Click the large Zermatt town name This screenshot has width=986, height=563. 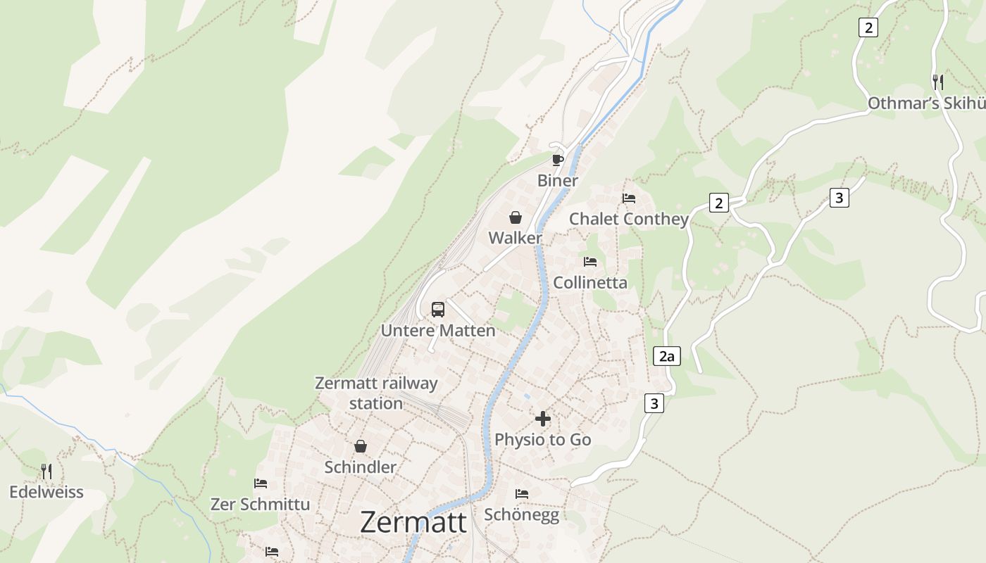tap(413, 522)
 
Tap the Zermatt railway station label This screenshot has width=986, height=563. tap(376, 393)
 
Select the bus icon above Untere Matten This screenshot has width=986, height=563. tap(438, 309)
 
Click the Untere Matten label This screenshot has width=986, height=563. tap(438, 330)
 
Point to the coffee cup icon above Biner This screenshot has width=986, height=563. tap(558, 160)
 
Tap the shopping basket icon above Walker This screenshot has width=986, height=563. tap(516, 217)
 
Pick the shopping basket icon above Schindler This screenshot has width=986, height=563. tap(361, 446)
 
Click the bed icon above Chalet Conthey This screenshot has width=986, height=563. tap(629, 198)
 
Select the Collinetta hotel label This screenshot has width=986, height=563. tap(590, 283)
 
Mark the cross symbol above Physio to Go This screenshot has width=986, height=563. tap(542, 419)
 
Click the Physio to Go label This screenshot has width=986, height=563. tap(542, 440)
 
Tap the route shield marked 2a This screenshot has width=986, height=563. tap(666, 356)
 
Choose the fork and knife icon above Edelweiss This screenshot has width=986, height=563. tap(46, 471)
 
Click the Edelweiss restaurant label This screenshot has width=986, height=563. tap(46, 492)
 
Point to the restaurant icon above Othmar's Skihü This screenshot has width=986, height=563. tap(937, 82)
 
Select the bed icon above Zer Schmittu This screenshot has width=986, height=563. tap(261, 483)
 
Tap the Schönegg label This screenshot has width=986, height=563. tap(522, 514)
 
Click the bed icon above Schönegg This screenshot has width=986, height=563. tap(522, 493)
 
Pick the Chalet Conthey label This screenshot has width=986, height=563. tap(629, 219)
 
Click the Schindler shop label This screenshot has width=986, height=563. tap(361, 467)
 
